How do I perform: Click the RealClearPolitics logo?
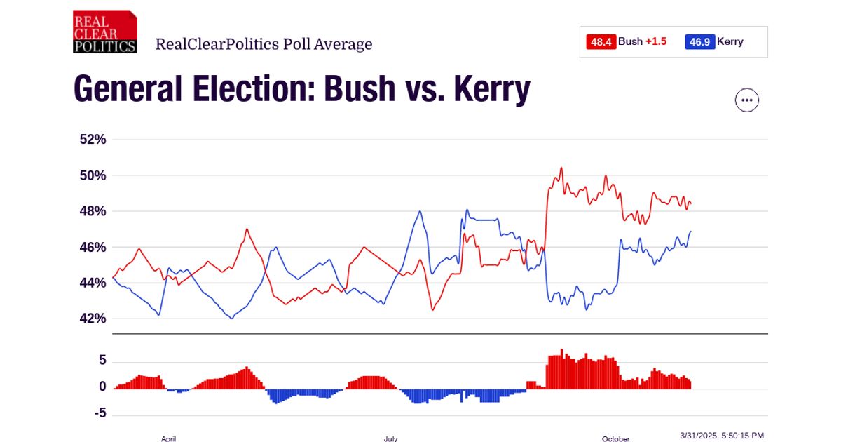[x=105, y=32]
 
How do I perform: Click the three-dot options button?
[x=746, y=100]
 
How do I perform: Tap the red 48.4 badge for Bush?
[x=601, y=42]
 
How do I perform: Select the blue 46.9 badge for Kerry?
[x=699, y=42]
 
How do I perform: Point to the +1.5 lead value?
[x=656, y=42]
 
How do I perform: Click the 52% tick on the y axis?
[x=93, y=140]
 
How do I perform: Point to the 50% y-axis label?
[x=93, y=175]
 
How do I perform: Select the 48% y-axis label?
[x=93, y=211]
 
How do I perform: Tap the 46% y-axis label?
[x=93, y=248]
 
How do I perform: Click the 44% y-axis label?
[x=93, y=283]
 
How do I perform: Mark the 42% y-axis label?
[x=93, y=319]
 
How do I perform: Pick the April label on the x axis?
[x=168, y=438]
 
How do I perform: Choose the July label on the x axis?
[x=390, y=438]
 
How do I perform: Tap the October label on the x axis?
[x=615, y=438]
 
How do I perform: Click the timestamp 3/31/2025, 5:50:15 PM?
[x=722, y=436]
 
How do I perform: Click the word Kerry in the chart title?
[x=491, y=90]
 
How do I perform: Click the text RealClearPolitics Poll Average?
[x=264, y=45]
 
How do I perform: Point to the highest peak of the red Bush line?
[x=561, y=168]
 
